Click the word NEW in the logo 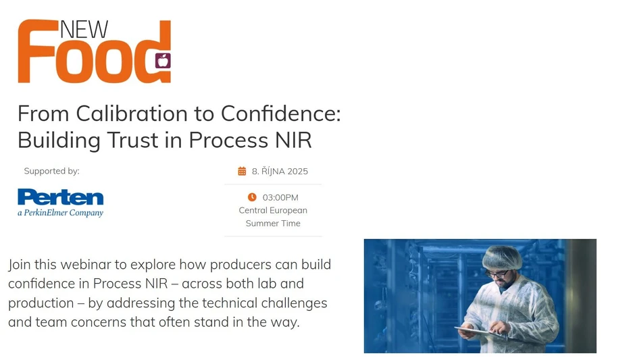(x=84, y=30)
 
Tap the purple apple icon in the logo (x=162, y=61)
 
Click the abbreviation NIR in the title (x=293, y=140)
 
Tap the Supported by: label (x=51, y=171)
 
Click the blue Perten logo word (x=61, y=197)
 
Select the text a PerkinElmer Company (x=61, y=213)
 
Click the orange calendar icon (x=242, y=172)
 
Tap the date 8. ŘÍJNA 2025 (x=280, y=172)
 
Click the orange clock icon (x=252, y=197)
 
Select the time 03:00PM (x=280, y=198)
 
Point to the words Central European (x=273, y=210)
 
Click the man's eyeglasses (x=498, y=273)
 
